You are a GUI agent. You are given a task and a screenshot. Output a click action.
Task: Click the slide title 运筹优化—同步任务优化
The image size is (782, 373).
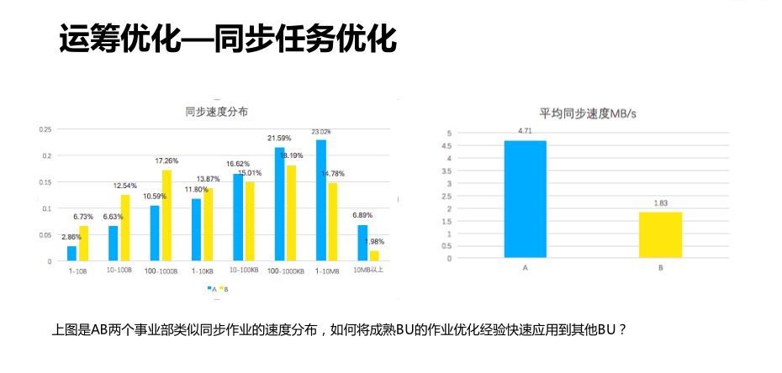point(227,39)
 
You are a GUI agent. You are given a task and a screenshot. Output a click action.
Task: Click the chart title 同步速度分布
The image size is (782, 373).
point(216,111)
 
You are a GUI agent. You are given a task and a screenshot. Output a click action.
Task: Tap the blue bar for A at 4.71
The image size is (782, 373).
point(526,199)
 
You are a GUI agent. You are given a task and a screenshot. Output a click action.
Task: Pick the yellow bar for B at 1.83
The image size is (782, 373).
point(660,235)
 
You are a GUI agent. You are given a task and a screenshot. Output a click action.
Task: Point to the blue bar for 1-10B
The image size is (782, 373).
point(71,253)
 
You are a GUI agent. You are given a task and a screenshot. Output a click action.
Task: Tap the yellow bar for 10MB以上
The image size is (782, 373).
point(373,255)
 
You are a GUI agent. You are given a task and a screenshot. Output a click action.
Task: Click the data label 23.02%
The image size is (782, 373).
point(320,131)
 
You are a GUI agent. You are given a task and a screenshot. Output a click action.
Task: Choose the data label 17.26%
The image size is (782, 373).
point(167,160)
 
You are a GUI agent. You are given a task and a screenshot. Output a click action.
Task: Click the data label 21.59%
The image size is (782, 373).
point(279,138)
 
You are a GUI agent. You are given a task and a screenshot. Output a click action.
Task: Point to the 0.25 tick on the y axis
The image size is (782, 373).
point(45,129)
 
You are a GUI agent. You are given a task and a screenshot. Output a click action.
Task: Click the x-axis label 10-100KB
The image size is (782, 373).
point(242,271)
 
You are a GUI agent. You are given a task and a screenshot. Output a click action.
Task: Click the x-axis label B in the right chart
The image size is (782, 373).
point(660,268)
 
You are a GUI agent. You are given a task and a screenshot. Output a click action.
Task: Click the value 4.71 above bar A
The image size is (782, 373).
point(526,131)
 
